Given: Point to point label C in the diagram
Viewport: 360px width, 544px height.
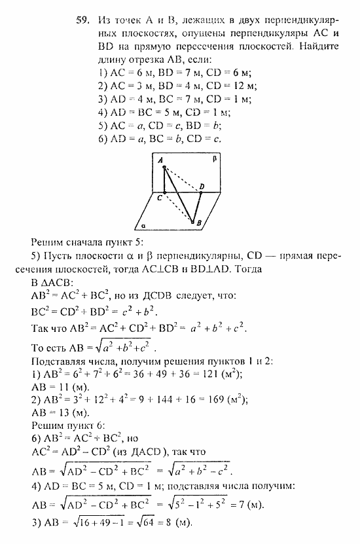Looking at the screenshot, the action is [x=159, y=196].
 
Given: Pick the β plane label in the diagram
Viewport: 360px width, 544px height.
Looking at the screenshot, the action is [x=214, y=159].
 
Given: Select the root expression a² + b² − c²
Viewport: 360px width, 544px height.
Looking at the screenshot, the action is [x=204, y=470].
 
